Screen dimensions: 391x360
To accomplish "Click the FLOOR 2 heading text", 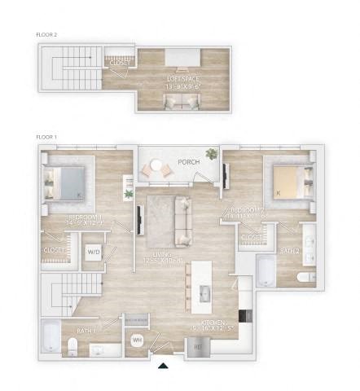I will point(46,35).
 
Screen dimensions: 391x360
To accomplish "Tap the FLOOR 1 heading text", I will point(46,137).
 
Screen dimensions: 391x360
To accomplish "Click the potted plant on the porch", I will point(212,154).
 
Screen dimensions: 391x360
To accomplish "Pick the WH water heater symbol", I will point(137,339).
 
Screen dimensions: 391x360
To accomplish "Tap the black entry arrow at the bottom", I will point(165,366).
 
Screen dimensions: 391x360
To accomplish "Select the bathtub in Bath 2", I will point(266,271).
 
